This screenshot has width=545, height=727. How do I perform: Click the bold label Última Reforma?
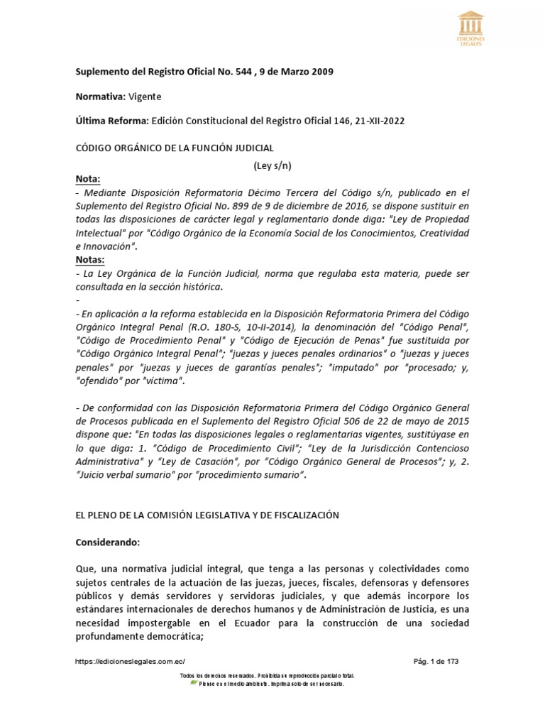pyautogui.click(x=111, y=121)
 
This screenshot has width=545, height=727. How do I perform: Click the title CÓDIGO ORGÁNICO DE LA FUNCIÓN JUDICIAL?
pyautogui.click(x=174, y=147)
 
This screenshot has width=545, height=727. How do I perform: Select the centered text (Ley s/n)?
pyautogui.click(x=272, y=166)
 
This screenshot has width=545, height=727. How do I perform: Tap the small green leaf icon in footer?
pyautogui.click(x=194, y=683)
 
